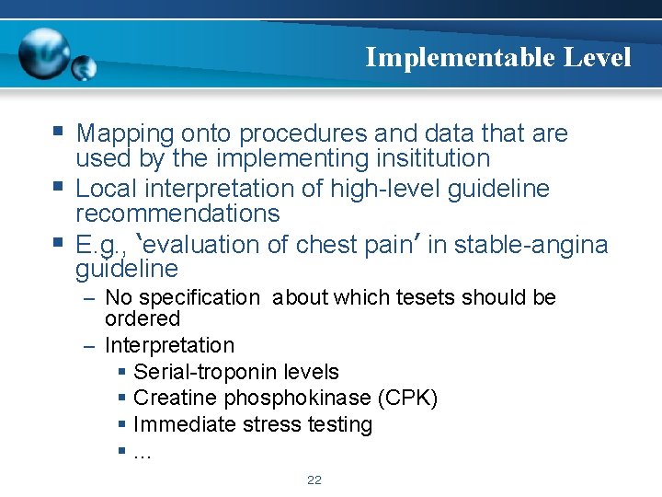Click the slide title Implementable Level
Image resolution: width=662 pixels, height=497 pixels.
tap(497, 57)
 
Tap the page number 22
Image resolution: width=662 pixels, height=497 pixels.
tap(314, 480)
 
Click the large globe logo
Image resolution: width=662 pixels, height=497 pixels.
tap(45, 52)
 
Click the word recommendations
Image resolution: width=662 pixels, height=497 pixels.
tap(177, 214)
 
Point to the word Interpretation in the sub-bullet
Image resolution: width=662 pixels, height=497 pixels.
tap(170, 345)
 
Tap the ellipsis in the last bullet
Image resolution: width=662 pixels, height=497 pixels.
tap(143, 451)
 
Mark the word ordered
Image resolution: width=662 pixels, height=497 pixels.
tap(143, 318)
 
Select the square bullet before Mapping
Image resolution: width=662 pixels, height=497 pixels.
tap(59, 132)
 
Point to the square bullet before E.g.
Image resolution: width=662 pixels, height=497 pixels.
tap(59, 243)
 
